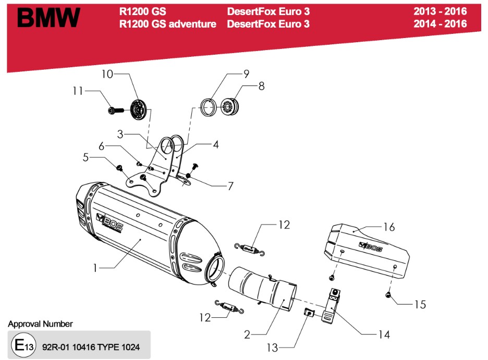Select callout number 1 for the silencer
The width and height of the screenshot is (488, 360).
click(95, 269)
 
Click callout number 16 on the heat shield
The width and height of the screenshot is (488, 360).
click(389, 227)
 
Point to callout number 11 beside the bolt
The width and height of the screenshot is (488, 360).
click(78, 91)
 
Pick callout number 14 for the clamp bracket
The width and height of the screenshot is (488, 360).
click(384, 334)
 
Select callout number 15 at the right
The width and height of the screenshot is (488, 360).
click(420, 304)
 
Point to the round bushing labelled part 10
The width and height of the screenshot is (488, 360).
click(138, 108)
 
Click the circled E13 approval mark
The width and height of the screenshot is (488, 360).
click(23, 345)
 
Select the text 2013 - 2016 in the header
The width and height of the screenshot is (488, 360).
click(440, 11)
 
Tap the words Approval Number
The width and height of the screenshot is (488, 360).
click(40, 324)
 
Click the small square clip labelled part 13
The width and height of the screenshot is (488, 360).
click(309, 313)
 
